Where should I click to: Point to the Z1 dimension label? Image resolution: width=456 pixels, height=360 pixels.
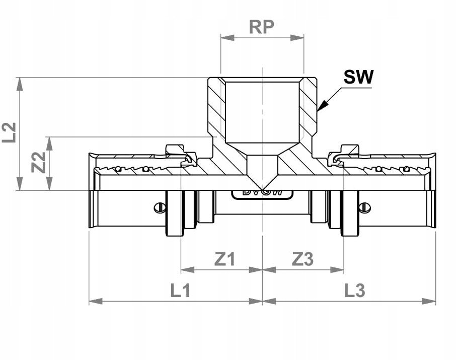coord(224,259)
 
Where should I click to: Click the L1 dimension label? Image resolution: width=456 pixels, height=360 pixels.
coord(179,290)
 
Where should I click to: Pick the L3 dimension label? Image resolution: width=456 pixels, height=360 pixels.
coord(355,290)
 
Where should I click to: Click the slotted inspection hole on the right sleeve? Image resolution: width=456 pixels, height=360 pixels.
coord(365,207)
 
